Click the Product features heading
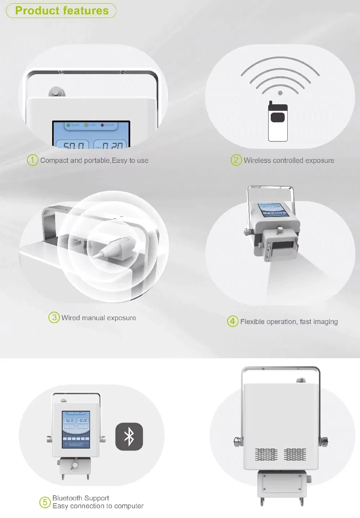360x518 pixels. [x=62, y=11]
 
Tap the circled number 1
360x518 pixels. [x=32, y=160]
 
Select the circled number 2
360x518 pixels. [x=236, y=160]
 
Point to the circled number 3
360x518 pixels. [x=54, y=317]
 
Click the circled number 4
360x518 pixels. [x=233, y=321]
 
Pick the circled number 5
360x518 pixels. [x=45, y=502]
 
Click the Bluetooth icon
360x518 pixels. [x=129, y=436]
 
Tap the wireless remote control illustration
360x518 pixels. [x=278, y=121]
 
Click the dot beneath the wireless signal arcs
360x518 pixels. [x=280, y=93]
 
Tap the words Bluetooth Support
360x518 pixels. [x=81, y=498]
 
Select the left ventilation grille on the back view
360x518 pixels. [x=266, y=455]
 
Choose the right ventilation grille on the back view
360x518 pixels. [x=295, y=455]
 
